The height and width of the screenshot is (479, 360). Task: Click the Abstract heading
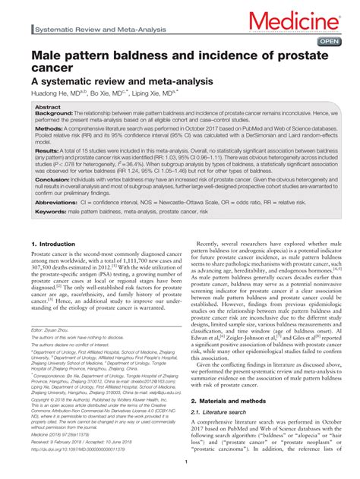[47, 108]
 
